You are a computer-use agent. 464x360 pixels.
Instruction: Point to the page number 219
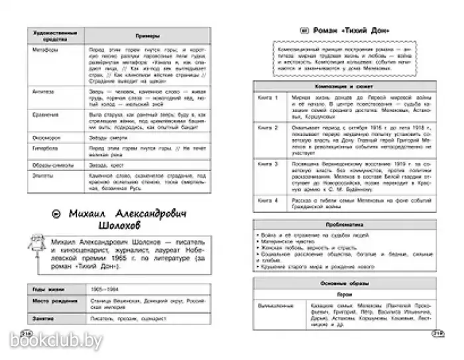(x=436, y=333)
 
